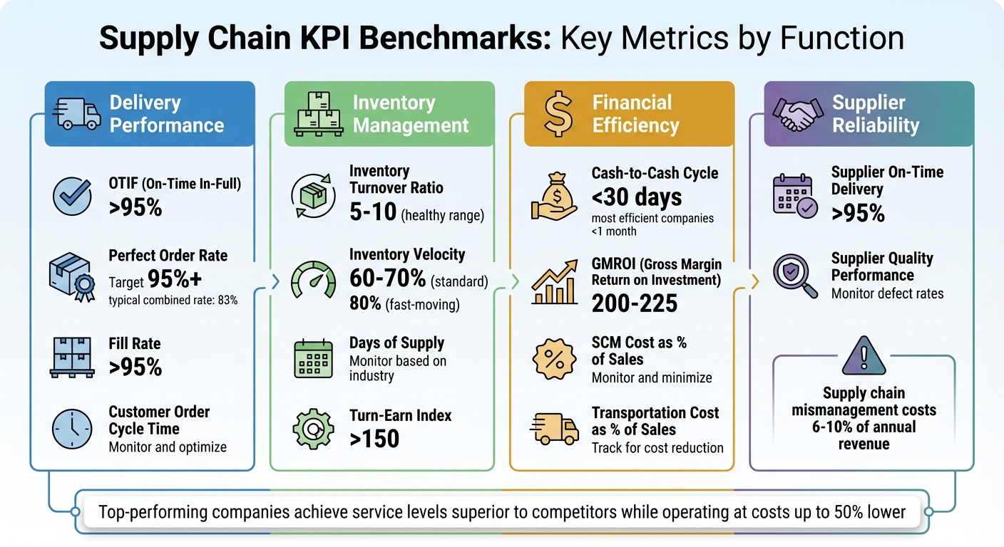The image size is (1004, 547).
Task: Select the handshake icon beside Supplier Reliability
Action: click(x=796, y=115)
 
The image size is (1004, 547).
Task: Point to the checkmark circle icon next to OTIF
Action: click(x=72, y=197)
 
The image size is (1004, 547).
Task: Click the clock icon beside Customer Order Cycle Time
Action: click(x=72, y=429)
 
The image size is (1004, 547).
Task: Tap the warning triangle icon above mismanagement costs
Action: click(x=864, y=357)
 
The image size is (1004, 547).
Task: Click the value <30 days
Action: click(x=637, y=197)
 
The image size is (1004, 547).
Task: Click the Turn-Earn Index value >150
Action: click(x=374, y=439)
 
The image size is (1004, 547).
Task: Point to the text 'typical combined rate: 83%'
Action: click(x=173, y=300)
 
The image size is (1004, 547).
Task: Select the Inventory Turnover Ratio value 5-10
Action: click(x=373, y=212)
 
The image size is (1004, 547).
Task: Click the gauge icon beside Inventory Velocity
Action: click(x=314, y=281)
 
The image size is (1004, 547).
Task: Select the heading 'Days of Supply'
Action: click(x=396, y=343)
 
